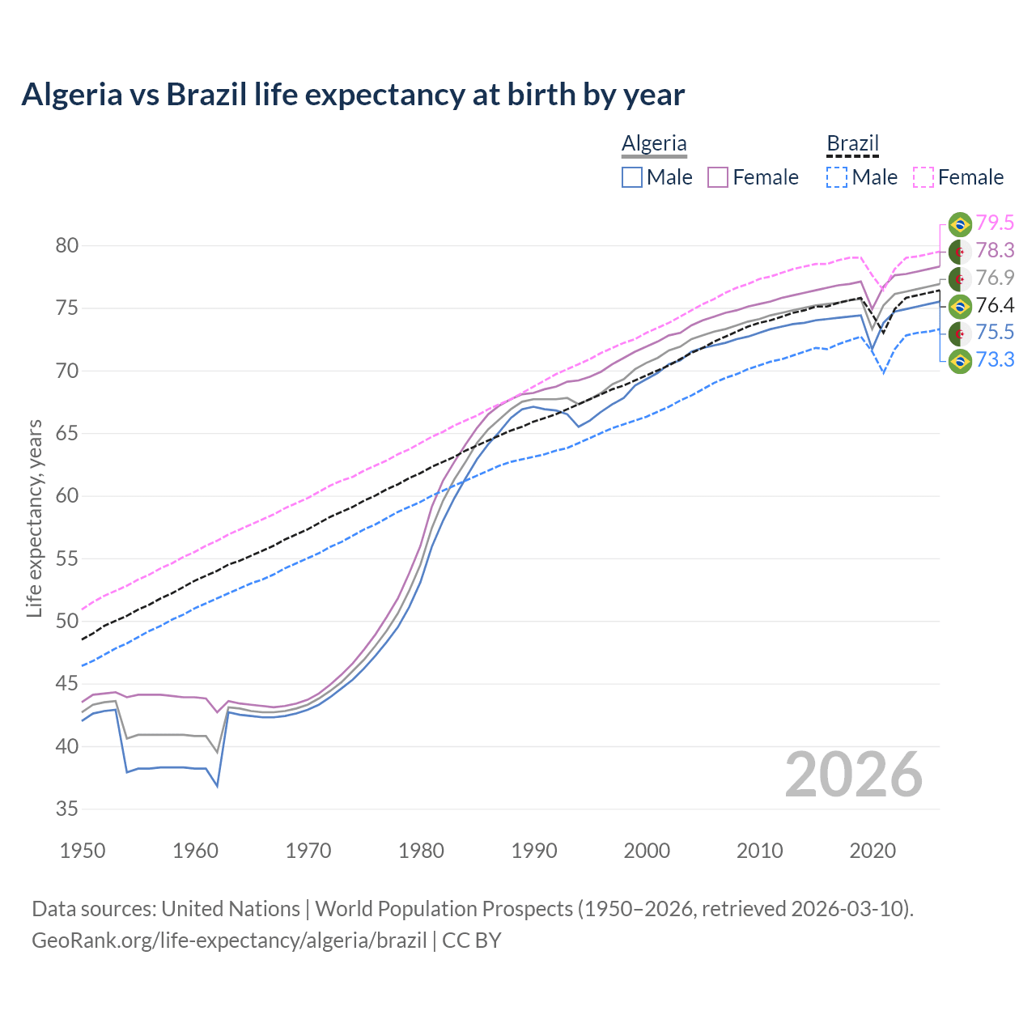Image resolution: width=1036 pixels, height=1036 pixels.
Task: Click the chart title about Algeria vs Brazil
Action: click(353, 95)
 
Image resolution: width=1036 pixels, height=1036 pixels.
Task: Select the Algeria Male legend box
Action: click(632, 177)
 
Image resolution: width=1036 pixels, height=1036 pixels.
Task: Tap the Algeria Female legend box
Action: click(718, 177)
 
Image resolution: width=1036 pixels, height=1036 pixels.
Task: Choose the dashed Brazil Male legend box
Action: click(837, 177)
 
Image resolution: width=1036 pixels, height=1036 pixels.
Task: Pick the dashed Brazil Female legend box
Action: click(923, 177)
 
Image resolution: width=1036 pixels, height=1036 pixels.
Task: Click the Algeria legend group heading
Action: click(654, 143)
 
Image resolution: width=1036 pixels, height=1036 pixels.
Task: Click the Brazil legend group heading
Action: click(852, 143)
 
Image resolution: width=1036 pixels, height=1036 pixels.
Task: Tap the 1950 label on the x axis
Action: click(83, 851)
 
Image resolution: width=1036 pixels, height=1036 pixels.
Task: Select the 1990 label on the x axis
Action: click(534, 851)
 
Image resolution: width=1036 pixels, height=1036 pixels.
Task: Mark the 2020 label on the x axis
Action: click(873, 851)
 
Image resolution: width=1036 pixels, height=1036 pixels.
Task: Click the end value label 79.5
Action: click(995, 223)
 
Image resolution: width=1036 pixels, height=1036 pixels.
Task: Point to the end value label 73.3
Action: click(995, 359)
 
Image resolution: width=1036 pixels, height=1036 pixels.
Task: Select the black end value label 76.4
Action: click(995, 305)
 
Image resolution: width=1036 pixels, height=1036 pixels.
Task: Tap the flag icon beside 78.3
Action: click(960, 251)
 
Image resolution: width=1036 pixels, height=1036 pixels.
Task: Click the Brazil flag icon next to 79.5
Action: click(960, 224)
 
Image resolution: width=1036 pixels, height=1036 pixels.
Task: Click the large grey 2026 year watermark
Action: click(853, 775)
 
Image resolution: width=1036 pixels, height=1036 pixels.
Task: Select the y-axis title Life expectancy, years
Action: click(35, 518)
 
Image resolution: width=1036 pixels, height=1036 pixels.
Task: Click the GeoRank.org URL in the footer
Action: click(229, 940)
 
